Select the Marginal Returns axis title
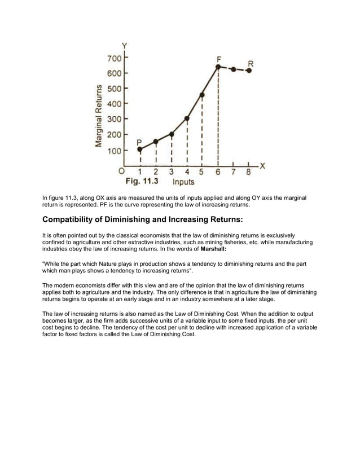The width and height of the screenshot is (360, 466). [x=99, y=117]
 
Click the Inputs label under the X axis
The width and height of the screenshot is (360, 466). [x=183, y=182]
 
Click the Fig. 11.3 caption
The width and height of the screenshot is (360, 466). [x=142, y=182]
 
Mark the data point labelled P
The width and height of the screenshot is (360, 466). [x=140, y=150]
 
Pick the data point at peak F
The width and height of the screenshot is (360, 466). [x=218, y=67]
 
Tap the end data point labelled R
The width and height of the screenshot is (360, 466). [x=249, y=71]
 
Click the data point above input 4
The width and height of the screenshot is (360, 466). [x=187, y=118]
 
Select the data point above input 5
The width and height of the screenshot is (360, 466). [x=202, y=95]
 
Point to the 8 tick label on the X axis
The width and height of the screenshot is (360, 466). [x=248, y=173]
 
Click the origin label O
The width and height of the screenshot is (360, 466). [x=121, y=172]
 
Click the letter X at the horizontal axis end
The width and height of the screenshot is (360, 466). [x=262, y=165]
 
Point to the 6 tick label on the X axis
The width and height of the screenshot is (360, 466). [x=218, y=173]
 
